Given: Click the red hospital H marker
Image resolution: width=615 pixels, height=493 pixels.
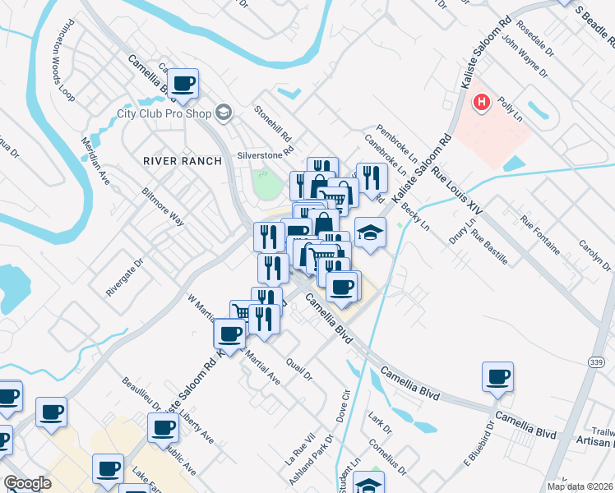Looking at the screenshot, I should [482, 104].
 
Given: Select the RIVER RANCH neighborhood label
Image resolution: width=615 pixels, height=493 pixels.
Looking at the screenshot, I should [182, 161].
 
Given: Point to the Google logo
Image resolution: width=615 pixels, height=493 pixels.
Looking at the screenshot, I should [27, 483].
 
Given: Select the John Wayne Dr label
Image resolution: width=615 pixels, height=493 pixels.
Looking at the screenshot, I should [524, 55].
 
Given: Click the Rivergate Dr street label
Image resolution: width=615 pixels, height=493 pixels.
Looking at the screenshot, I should [124, 278].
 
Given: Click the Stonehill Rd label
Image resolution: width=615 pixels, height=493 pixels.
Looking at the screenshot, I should [273, 122].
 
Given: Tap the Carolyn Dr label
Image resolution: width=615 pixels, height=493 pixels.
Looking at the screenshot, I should [594, 254].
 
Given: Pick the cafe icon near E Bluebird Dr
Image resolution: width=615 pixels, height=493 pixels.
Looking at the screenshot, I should [497, 377].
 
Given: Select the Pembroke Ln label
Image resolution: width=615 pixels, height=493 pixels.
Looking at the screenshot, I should [392, 141].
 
